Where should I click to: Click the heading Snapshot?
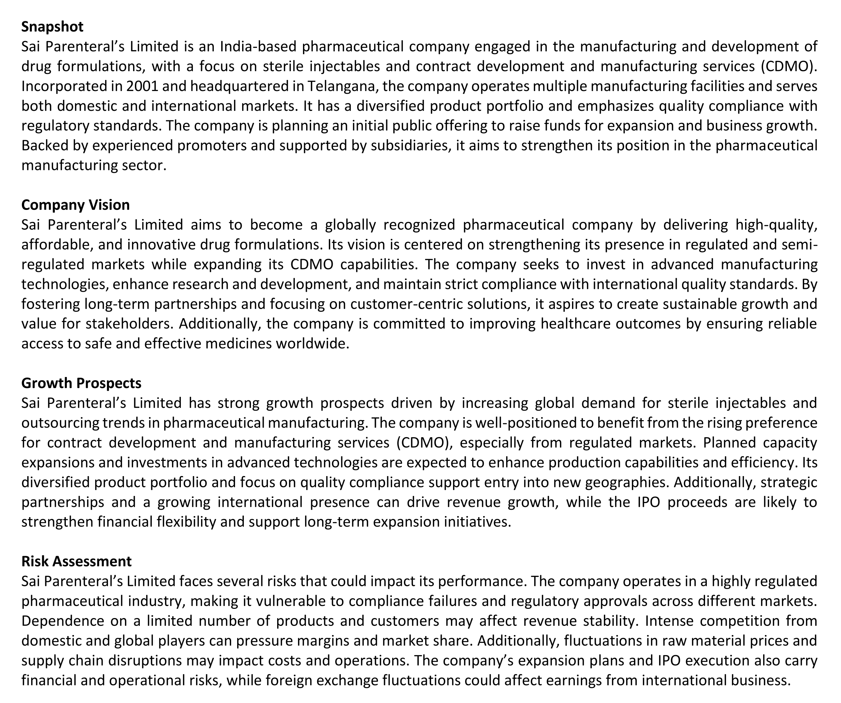(52, 27)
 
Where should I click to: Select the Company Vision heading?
(75, 205)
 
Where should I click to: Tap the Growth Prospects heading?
(81, 383)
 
